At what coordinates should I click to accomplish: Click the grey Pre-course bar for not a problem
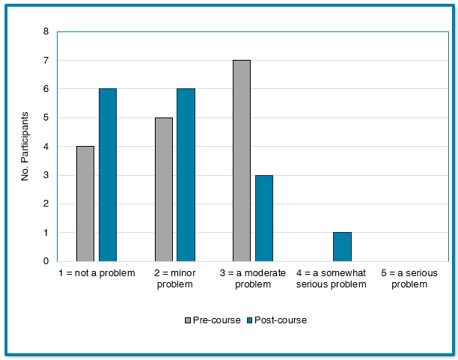point(85,204)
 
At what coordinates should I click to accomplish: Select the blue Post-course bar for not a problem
point(108,175)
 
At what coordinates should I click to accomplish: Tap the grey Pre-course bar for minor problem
point(164,189)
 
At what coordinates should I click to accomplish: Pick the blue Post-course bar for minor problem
point(186,175)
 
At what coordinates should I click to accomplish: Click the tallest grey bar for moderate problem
point(242,161)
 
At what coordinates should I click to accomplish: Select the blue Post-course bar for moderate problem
point(264,218)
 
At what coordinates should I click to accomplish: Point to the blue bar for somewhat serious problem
point(342,246)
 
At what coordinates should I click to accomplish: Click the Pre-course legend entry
point(213,320)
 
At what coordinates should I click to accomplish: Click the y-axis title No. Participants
point(25,147)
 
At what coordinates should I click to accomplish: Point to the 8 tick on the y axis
point(46,32)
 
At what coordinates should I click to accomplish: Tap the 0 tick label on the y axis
point(46,261)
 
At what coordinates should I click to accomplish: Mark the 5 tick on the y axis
point(46,118)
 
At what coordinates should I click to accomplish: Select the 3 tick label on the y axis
point(46,175)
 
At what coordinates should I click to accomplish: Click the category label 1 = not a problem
point(97,273)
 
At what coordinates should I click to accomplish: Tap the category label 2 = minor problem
point(174,278)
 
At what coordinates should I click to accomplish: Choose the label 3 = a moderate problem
point(253,278)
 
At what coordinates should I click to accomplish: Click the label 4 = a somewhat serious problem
point(332,278)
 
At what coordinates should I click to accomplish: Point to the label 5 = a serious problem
point(409,278)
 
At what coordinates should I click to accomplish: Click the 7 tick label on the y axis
point(46,61)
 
